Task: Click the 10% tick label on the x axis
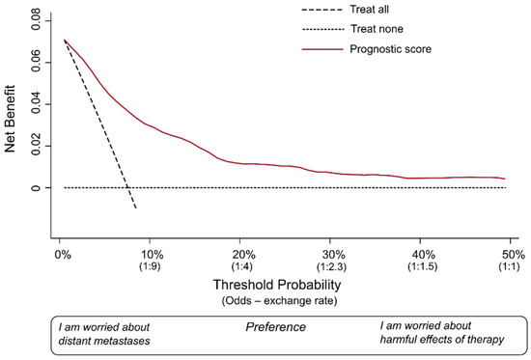[151, 254]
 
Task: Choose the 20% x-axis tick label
[242, 254]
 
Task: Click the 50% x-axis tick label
[515, 254]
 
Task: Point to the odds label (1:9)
[151, 267]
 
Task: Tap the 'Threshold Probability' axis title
[281, 288]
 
